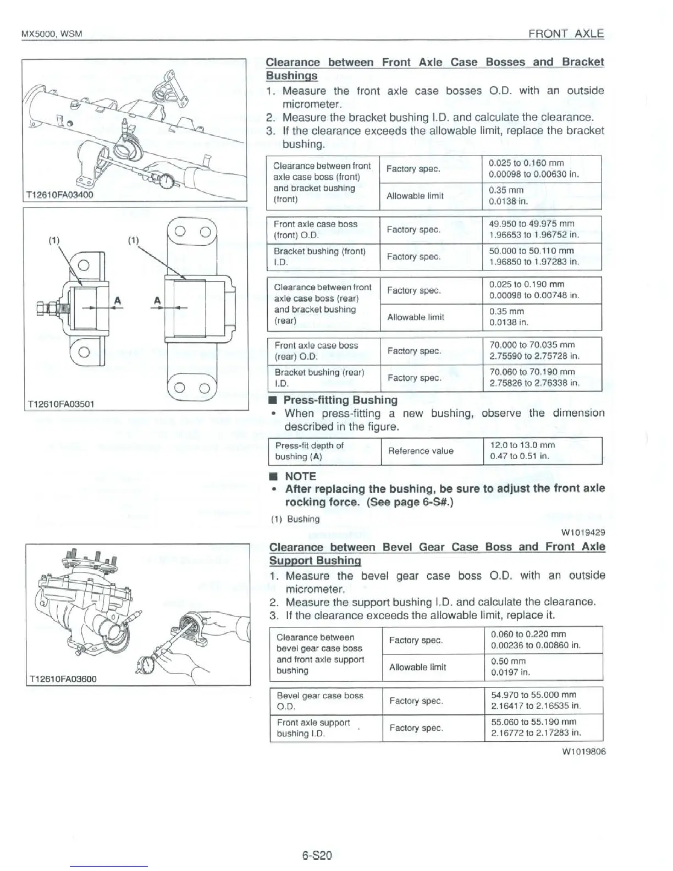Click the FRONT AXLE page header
(566, 34)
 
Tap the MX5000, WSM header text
(51, 34)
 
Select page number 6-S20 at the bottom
(317, 856)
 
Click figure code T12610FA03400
(59, 194)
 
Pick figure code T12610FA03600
(62, 679)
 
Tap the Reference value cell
(421, 451)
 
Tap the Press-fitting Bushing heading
(340, 400)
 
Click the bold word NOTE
(300, 476)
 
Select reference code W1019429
(583, 532)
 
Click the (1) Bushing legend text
(295, 519)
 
